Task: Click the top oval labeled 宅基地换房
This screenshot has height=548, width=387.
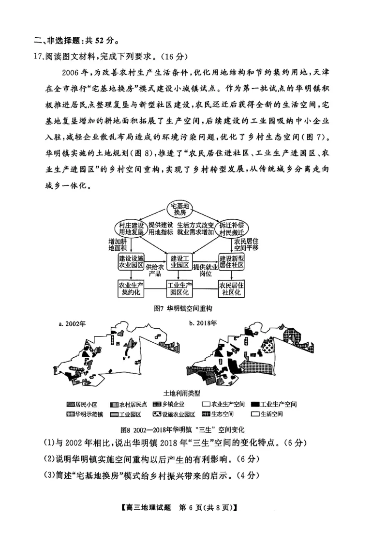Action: pyautogui.click(x=180, y=209)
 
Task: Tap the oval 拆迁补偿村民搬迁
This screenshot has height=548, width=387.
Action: pyautogui.click(x=231, y=228)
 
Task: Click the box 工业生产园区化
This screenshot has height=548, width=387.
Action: pyautogui.click(x=180, y=289)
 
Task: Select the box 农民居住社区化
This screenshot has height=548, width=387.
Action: pyautogui.click(x=231, y=289)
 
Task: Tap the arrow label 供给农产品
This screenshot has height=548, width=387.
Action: pyautogui.click(x=155, y=270)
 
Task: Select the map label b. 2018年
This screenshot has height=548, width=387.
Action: pyautogui.click(x=204, y=322)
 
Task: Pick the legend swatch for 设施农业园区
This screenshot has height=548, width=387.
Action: pyautogui.click(x=157, y=414)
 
